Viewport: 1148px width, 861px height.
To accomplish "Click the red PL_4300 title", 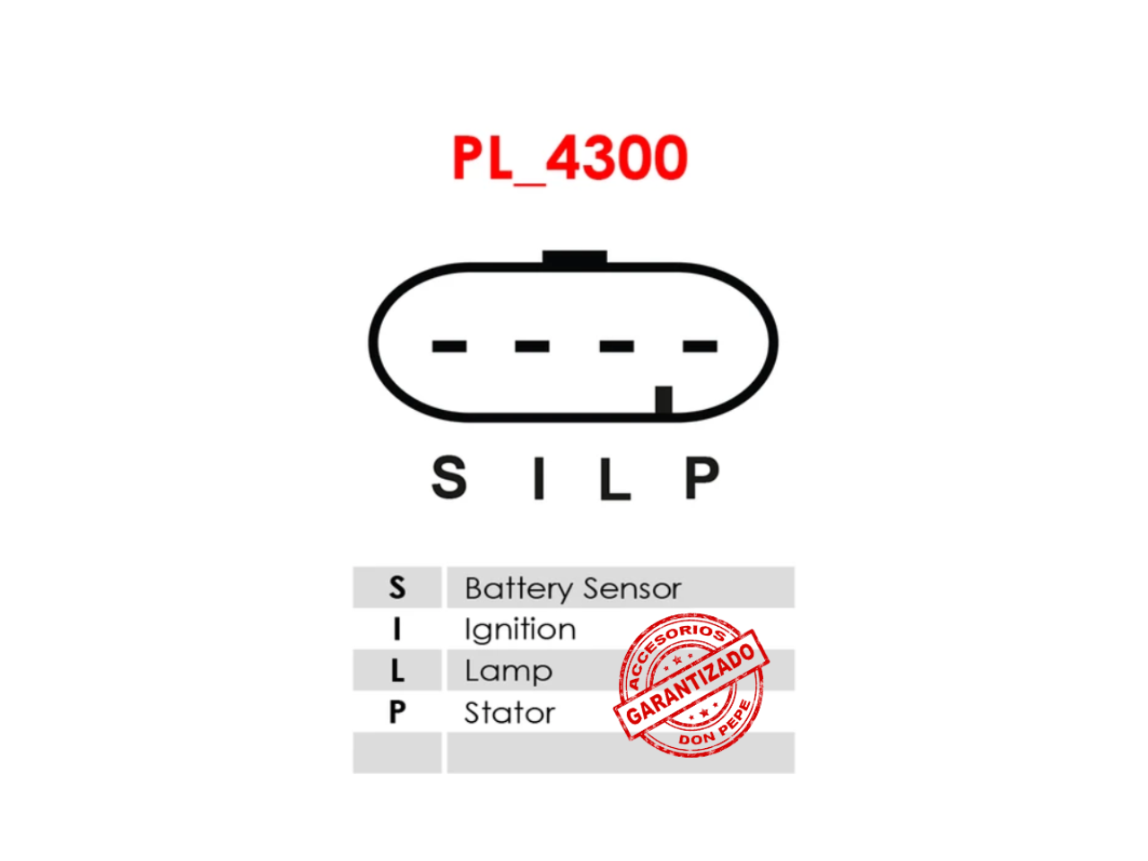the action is (569, 157).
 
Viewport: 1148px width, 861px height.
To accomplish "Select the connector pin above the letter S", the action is (448, 345).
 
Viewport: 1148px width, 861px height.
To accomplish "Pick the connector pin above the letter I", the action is (532, 345).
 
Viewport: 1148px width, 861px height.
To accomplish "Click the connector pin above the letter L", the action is (616, 345).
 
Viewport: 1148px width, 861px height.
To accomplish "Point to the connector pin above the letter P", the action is (700, 345).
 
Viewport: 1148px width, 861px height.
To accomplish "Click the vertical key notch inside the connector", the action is (663, 400).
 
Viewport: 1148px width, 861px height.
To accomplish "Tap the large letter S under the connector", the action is (448, 477).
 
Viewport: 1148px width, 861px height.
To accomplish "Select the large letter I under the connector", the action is (539, 477).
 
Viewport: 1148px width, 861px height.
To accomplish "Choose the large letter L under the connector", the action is (615, 478).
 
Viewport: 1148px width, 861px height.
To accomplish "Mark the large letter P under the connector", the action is (702, 477).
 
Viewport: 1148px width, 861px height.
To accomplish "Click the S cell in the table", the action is (397, 587).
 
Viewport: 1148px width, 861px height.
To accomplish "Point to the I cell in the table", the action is (397, 629).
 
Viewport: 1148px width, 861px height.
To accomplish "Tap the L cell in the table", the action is (397, 670).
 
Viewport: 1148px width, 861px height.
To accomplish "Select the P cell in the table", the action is (397, 711).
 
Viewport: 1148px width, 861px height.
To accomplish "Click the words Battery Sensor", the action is (573, 589).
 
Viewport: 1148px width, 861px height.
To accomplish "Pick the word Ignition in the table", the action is (520, 631).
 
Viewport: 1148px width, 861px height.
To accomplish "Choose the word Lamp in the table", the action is (509, 672).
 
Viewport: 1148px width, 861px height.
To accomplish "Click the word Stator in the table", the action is (510, 712).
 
